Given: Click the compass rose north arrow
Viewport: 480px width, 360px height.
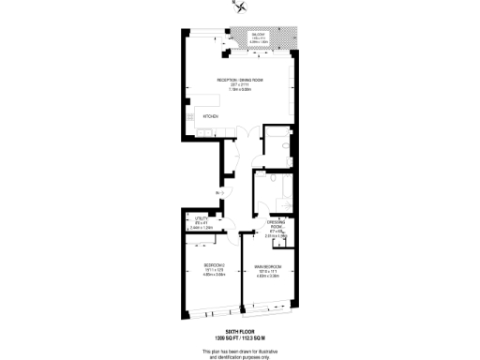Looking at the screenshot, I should point(242,8).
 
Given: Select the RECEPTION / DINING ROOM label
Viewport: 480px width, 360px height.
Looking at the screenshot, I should point(240,81).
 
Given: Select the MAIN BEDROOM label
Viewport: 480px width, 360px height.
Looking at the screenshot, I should point(266,266).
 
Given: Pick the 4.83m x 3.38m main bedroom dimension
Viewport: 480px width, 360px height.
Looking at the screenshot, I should point(266,276).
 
